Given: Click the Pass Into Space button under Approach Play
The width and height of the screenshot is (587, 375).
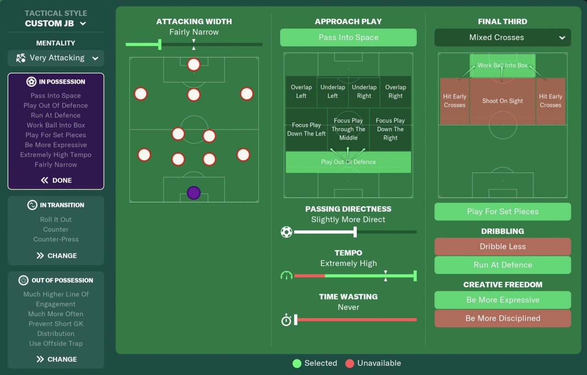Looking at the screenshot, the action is point(348,38).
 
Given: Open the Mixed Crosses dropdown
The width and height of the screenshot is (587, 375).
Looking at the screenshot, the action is point(503,38).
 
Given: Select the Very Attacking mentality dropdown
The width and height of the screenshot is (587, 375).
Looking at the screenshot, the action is point(56,58).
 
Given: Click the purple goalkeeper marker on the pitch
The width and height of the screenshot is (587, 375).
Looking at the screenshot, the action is point(194,193).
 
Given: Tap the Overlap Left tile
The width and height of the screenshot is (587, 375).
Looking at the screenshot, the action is point(301,92).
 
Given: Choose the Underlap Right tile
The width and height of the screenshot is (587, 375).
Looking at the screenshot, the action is point(364,92).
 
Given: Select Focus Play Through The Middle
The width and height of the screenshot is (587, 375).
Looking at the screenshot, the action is point(348,129).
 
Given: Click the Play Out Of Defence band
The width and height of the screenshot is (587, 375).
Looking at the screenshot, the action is point(348,162).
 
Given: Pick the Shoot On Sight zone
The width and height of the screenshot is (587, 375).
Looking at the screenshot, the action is point(503,101).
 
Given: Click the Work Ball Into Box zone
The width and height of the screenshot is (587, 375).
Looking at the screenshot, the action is point(503,66).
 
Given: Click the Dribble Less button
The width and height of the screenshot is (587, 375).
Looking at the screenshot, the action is point(503,246).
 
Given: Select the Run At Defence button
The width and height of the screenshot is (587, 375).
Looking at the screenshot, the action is point(503,265).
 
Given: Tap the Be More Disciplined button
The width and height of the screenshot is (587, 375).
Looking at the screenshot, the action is point(503,319).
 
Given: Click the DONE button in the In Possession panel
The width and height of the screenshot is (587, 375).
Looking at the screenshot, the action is point(56,180).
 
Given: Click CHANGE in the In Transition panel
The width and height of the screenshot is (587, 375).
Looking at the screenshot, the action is point(56,256).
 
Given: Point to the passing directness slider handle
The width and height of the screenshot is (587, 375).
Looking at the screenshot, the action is point(355,232).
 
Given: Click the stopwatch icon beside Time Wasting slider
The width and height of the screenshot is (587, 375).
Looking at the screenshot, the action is point(286,319).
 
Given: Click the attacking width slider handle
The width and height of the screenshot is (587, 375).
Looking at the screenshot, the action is point(160,45).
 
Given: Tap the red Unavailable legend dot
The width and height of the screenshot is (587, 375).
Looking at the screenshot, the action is point(349,364).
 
